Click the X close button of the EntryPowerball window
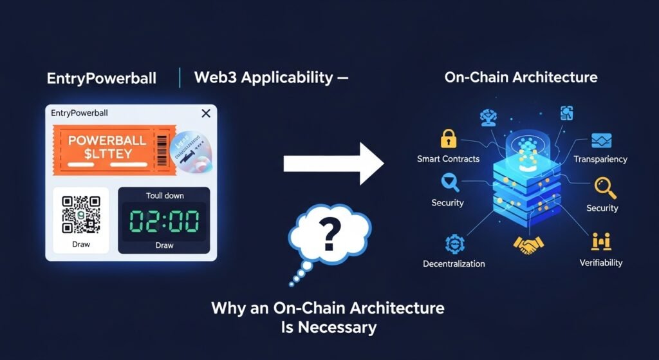tap(206, 113)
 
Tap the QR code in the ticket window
tap(80, 215)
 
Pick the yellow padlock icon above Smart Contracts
tap(447, 138)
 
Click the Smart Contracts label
tap(448, 158)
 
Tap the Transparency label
tap(600, 159)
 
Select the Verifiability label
tap(600, 263)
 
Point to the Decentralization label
tap(454, 263)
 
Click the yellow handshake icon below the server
tap(528, 244)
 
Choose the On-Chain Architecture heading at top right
tap(521, 78)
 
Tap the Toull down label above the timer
tap(164, 196)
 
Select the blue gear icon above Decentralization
tap(452, 243)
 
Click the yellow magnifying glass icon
tap(604, 187)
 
